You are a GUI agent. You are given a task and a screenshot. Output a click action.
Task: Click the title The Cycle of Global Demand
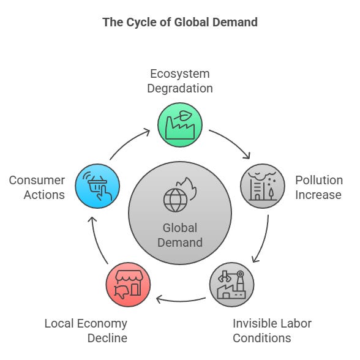180,23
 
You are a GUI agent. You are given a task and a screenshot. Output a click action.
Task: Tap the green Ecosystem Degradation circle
180,125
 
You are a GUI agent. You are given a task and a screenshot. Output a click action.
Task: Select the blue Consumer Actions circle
97,186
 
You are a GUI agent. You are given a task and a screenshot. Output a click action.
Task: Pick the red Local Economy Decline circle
128,284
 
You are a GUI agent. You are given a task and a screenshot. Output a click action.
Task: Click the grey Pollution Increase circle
263,186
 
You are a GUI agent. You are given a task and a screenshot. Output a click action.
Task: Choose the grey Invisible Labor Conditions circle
231,284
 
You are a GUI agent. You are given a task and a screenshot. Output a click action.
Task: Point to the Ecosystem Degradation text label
180,81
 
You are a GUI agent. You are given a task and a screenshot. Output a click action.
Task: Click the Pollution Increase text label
318,187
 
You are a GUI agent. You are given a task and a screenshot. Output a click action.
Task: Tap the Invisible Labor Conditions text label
272,331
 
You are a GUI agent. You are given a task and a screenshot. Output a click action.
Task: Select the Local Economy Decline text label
86,331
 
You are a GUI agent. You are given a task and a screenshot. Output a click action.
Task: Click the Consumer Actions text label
37,187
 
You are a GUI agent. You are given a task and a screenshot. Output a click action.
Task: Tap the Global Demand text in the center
180,235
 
